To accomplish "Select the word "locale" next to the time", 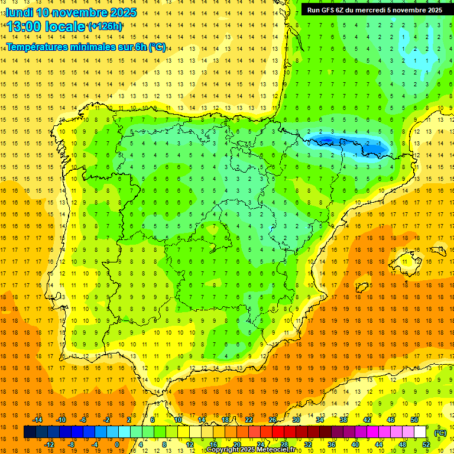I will (x=65, y=26).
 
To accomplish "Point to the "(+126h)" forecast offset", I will (x=105, y=27).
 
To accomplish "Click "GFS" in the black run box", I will (x=330, y=10).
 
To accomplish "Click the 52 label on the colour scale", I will (x=426, y=445).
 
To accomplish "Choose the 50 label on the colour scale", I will (x=414, y=420).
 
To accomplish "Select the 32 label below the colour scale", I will (x=307, y=445).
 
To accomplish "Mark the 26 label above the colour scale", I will (x=273, y=420).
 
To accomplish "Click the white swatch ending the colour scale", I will (x=420, y=432).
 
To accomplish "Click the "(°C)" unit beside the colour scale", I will (x=440, y=432).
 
